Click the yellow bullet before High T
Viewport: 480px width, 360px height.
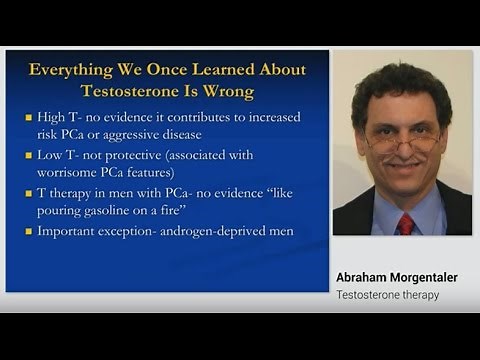29,117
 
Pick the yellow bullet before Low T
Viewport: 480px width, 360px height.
29,157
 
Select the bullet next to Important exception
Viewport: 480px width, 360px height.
29,233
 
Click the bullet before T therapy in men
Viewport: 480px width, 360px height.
29,195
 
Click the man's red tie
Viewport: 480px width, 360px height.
405,222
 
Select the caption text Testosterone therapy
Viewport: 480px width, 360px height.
387,295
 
